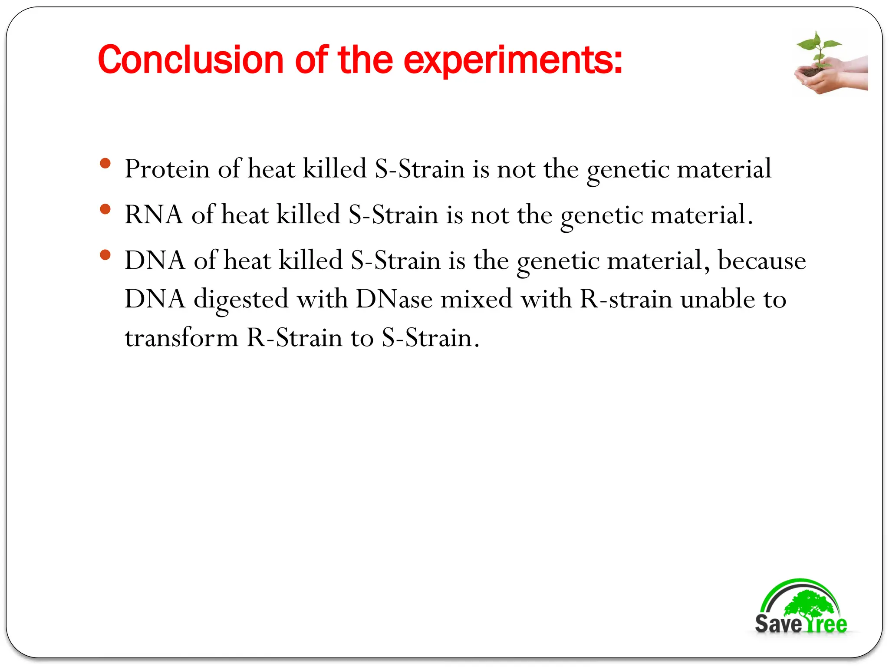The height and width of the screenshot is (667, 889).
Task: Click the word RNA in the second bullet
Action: (x=154, y=215)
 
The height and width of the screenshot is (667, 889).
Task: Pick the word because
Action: (x=761, y=261)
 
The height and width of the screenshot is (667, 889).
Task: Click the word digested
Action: (x=241, y=300)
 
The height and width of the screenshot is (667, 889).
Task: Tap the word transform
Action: (x=181, y=338)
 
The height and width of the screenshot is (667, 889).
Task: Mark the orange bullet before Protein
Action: (x=105, y=164)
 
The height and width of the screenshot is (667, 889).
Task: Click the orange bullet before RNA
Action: (x=105, y=209)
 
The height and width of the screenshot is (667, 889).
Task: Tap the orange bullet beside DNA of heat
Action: (x=105, y=255)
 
